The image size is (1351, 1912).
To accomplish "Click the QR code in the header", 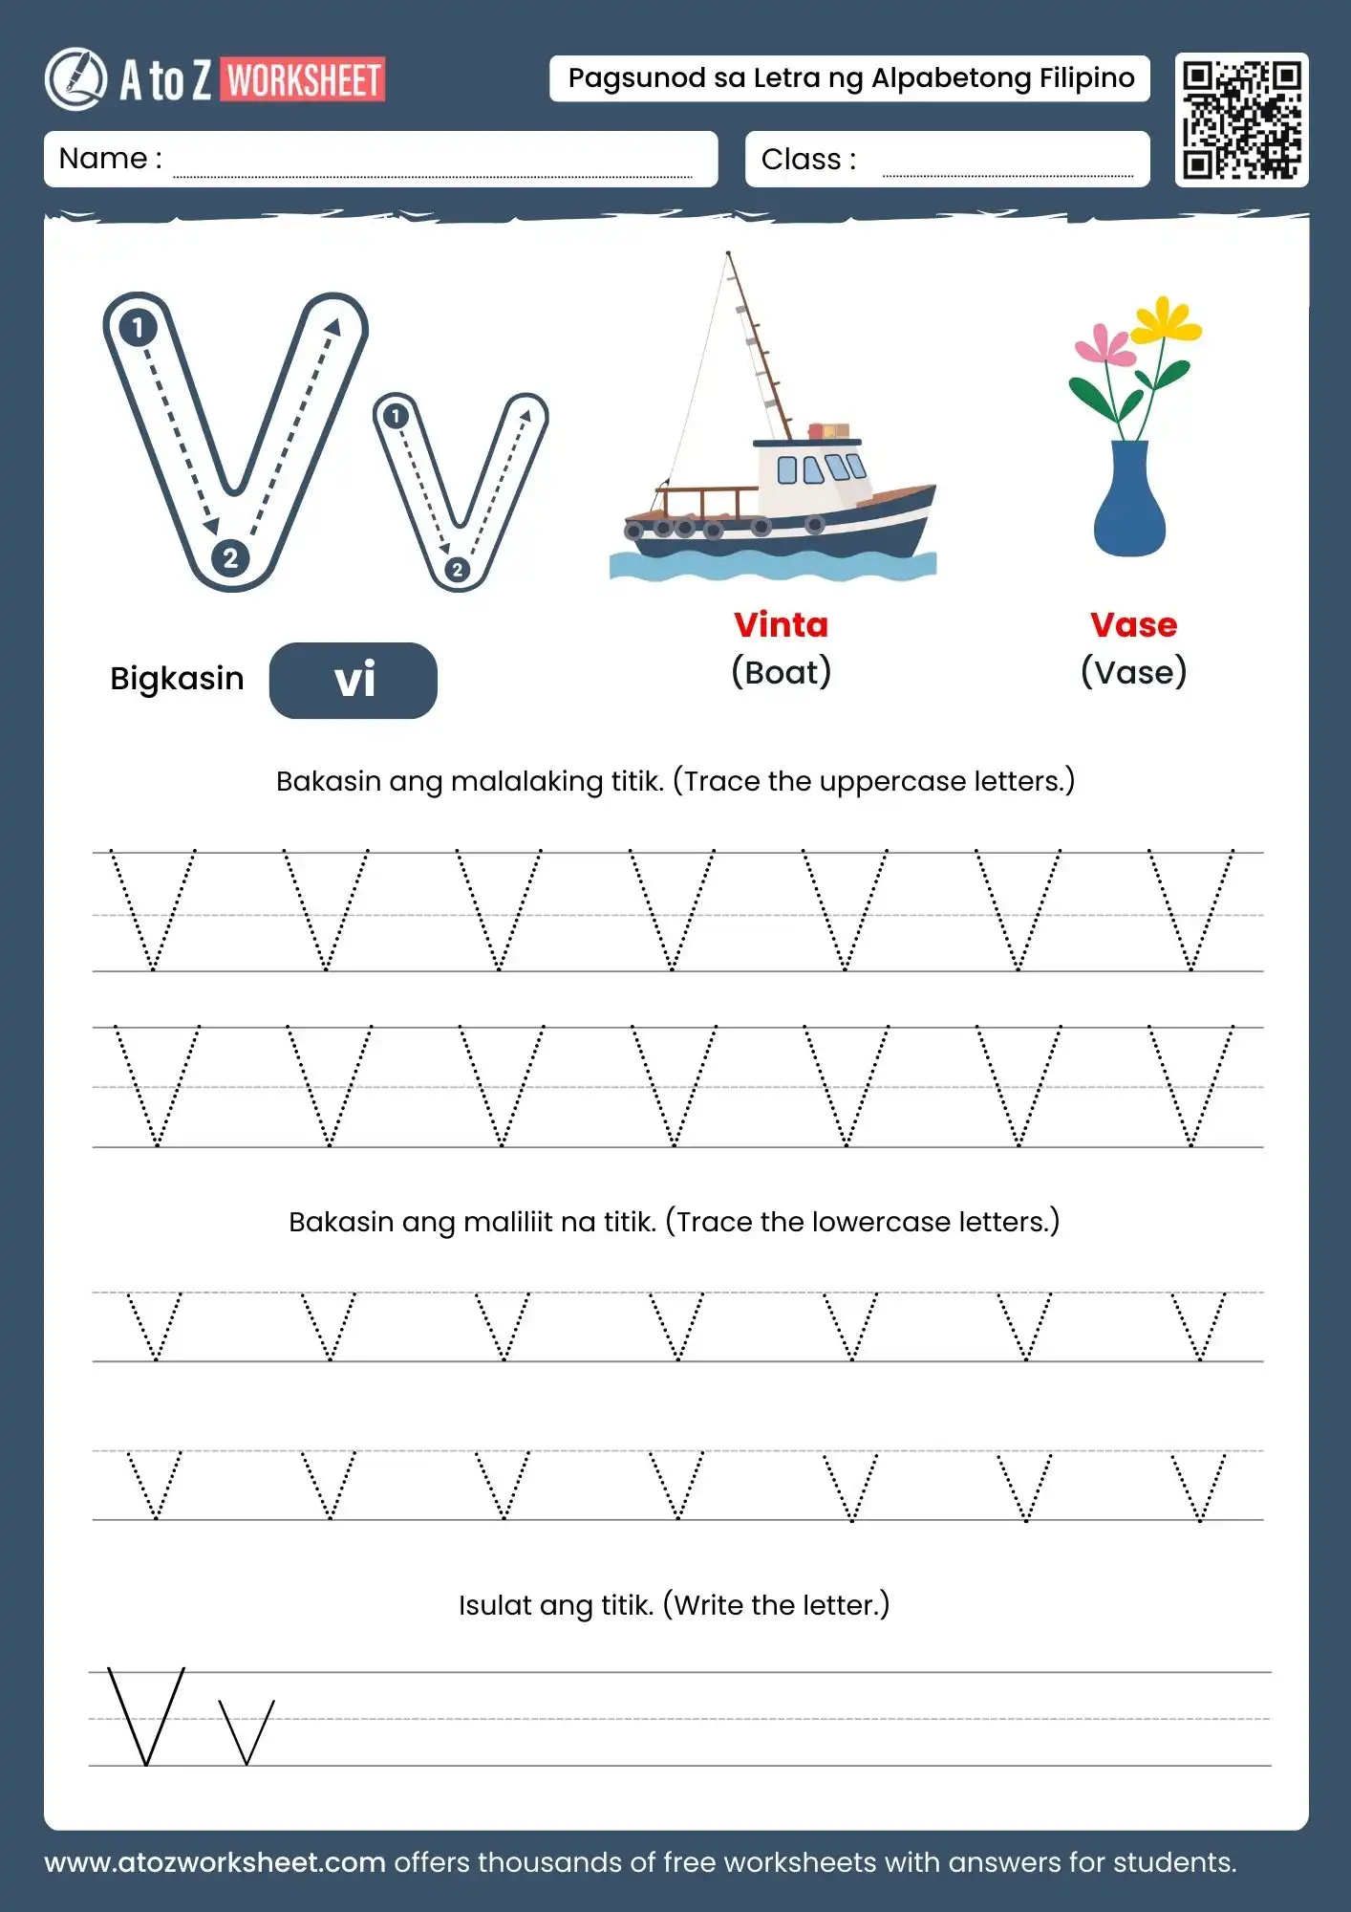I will click(x=1241, y=119).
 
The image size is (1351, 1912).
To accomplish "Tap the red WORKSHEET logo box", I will click(x=304, y=79).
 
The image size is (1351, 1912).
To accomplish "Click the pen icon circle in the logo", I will click(x=76, y=79).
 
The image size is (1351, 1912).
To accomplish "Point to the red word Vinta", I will click(x=781, y=625).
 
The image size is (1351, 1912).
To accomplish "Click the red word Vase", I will click(x=1133, y=625).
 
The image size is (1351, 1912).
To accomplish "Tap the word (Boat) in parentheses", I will click(x=781, y=672).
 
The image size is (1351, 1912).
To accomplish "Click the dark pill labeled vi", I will click(x=354, y=681).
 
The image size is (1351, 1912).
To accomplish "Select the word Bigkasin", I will click(x=177, y=679).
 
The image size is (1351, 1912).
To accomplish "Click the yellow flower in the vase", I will click(x=1165, y=322).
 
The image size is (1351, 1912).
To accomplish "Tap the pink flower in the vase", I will click(x=1105, y=347).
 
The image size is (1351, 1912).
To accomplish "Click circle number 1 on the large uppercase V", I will click(x=139, y=328).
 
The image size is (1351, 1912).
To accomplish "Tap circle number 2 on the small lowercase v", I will click(x=457, y=570).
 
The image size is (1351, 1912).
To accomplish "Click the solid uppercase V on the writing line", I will click(x=146, y=1716).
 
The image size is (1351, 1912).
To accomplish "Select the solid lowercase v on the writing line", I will click(x=247, y=1731).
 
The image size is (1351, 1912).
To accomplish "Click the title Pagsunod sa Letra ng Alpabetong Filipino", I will click(x=850, y=78).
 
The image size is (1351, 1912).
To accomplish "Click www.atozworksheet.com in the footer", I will click(x=215, y=1862).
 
